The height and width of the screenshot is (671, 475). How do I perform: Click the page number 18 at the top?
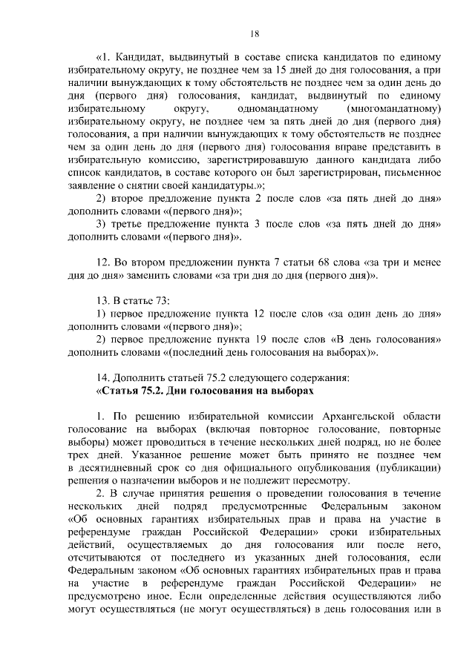point(254,33)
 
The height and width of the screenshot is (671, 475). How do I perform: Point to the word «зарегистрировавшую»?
point(249,160)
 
